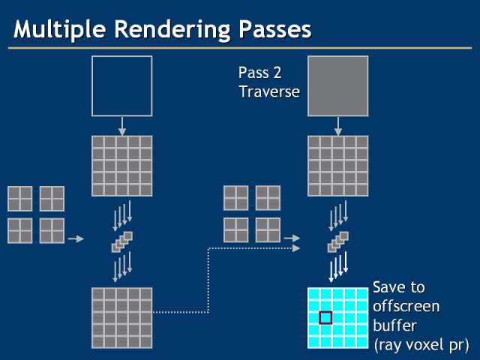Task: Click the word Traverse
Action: pos(269,92)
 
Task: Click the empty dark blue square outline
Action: pos(121,85)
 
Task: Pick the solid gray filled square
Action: pos(337,85)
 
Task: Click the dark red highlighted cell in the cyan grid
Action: pos(325,318)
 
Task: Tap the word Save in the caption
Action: pos(388,288)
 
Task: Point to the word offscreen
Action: pos(406,307)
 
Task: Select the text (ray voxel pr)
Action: pos(421,345)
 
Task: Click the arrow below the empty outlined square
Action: pos(121,125)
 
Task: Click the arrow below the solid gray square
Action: pos(337,125)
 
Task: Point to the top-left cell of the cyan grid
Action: pos(313,293)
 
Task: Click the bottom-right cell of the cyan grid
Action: pos(361,342)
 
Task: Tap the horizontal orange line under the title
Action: pos(240,49)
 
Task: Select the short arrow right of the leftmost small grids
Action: pos(76,239)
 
